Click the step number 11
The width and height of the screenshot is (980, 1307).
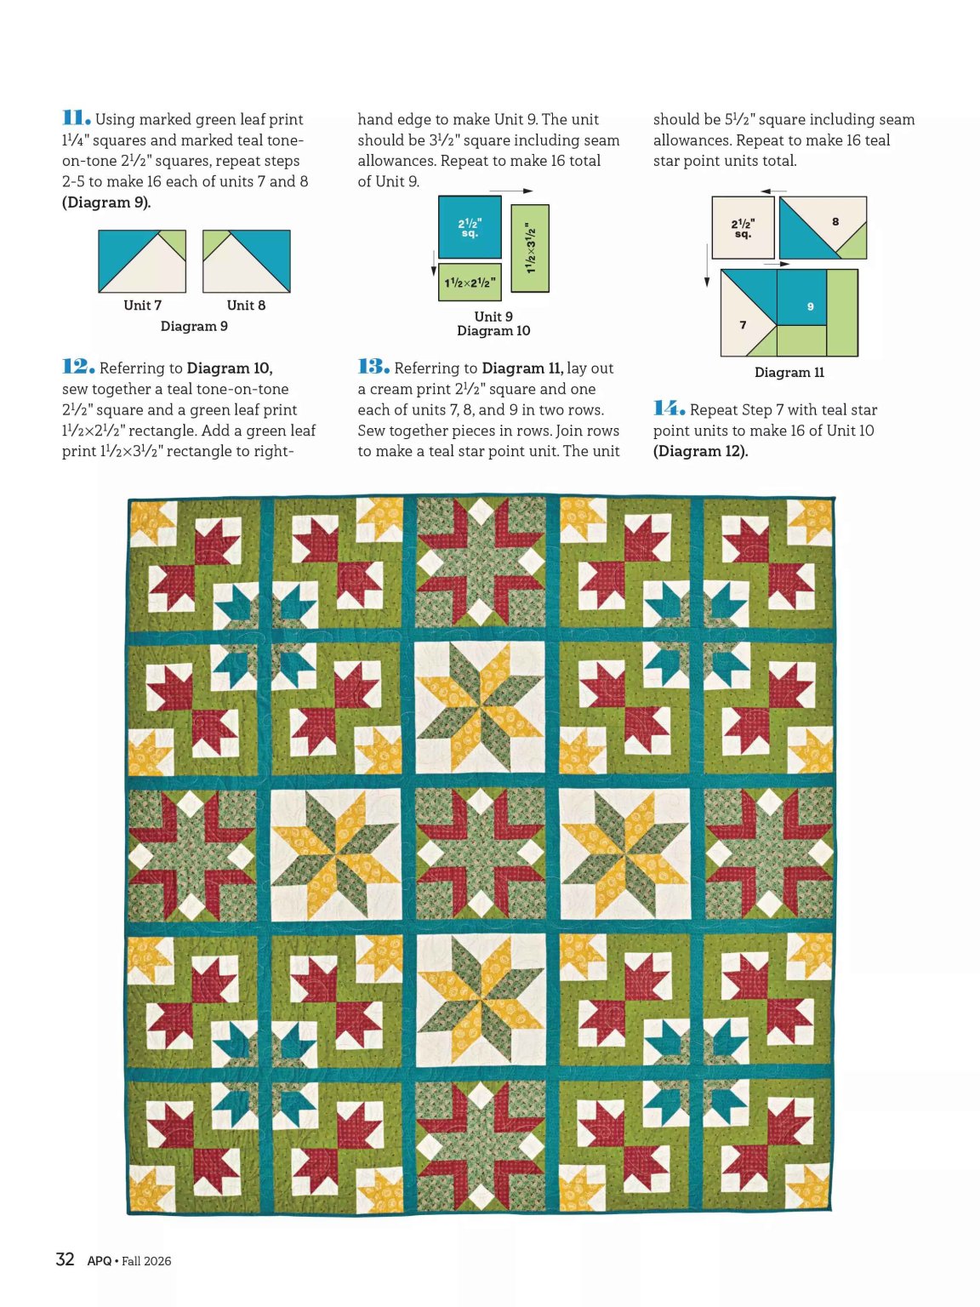click(x=77, y=118)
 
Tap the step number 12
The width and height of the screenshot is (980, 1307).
click(x=78, y=366)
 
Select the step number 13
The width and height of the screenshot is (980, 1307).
click(x=373, y=366)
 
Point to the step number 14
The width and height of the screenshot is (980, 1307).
click(x=669, y=408)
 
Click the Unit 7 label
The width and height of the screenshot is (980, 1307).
click(x=142, y=305)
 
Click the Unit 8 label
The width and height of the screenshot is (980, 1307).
click(x=246, y=305)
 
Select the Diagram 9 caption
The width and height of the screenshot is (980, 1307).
click(x=194, y=326)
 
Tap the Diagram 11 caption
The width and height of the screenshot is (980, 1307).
click(x=789, y=373)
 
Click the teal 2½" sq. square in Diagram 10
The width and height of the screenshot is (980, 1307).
click(x=470, y=227)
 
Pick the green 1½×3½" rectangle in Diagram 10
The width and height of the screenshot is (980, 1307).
click(x=530, y=248)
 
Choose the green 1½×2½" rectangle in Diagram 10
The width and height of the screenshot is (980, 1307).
click(x=470, y=283)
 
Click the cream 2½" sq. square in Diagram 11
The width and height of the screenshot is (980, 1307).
click(x=744, y=227)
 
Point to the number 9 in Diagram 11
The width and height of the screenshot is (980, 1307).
click(x=811, y=306)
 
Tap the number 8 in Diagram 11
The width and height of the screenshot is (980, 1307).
click(x=835, y=221)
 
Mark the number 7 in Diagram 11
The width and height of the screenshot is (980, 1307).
click(x=743, y=325)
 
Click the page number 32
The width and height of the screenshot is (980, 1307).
click(x=65, y=1258)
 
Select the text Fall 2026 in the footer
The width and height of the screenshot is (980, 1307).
click(x=146, y=1260)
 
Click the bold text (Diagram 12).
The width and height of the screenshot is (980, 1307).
click(x=701, y=451)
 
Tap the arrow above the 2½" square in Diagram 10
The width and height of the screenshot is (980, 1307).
click(x=511, y=191)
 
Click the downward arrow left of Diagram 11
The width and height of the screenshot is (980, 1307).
click(x=707, y=265)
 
